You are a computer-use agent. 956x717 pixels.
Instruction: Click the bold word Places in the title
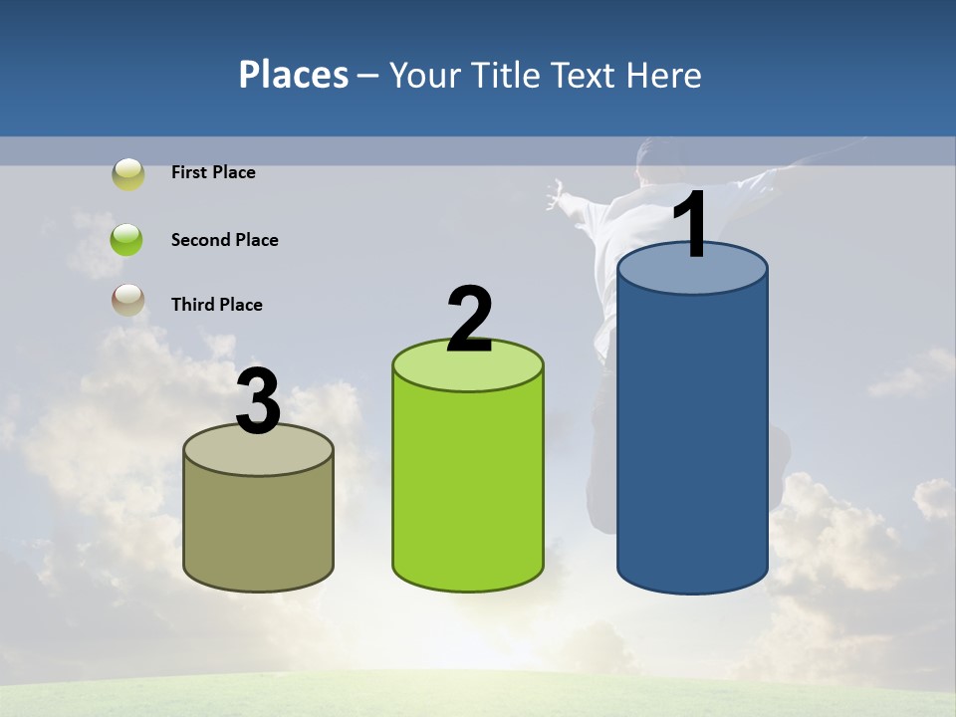(294, 75)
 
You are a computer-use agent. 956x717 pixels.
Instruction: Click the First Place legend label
(213, 172)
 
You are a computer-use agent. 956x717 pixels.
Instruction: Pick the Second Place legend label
(224, 240)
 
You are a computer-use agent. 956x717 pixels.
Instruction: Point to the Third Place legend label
(216, 305)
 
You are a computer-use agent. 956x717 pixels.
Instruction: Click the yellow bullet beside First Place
(127, 174)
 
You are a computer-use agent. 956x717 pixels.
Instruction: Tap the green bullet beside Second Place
(126, 240)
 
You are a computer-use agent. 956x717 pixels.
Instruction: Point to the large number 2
(470, 320)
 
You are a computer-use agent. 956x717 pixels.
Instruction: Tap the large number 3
(259, 401)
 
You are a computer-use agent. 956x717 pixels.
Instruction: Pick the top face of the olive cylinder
(259, 454)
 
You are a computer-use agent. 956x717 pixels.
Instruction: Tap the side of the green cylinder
(468, 488)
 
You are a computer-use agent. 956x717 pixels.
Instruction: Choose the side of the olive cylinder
(259, 528)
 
